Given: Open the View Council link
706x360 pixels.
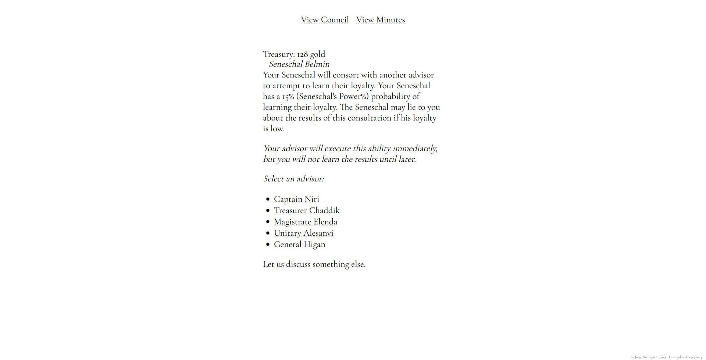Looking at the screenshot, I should pos(325,20).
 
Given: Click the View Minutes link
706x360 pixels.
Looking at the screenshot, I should pos(381,20).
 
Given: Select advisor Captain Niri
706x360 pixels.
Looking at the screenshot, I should pos(296,199).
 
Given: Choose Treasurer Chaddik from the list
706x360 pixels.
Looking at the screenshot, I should pos(307,211).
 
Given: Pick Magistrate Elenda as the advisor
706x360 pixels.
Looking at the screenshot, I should pos(306,222).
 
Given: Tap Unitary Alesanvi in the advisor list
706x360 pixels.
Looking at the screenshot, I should pos(304,234).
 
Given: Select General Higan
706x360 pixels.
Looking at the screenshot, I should pos(299,245).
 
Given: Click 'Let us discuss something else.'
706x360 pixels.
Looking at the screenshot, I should pos(314,264).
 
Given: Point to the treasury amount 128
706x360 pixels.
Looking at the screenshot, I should pos(302,54).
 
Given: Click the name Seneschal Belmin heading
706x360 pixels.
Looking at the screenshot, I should pos(299,64).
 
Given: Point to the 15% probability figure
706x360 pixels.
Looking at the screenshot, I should pos(288,97).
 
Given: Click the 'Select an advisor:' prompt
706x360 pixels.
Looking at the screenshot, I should pos(293,179).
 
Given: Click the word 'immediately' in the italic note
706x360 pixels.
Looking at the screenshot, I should pos(415,149).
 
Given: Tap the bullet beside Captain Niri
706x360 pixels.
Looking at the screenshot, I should pos(268,199).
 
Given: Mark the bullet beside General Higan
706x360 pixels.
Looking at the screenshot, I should pos(268,245).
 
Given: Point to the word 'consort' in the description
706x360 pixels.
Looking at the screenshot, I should pos(346,75).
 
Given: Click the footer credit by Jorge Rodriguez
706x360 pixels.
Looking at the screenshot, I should pos(666,357).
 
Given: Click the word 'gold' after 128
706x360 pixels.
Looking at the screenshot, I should pos(317,54).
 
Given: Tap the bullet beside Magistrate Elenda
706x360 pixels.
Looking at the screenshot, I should pos(268,222).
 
